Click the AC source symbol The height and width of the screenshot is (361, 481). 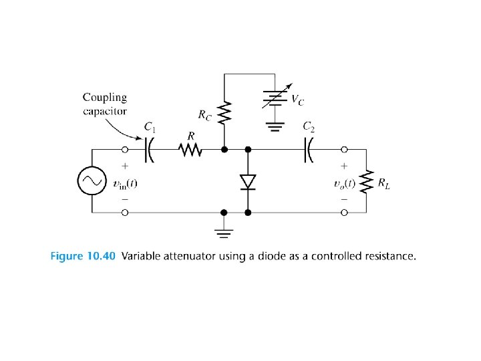click(90, 180)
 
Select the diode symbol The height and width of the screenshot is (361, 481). click(248, 181)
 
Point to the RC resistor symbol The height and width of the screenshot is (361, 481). click(224, 112)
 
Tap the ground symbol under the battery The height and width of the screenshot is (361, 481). click(273, 125)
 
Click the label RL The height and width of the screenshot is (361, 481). click(383, 184)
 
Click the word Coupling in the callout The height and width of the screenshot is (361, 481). click(105, 98)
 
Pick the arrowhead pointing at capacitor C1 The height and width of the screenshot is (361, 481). click(142, 140)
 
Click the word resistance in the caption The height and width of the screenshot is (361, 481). click(391, 256)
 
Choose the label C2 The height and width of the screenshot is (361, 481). click(309, 126)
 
